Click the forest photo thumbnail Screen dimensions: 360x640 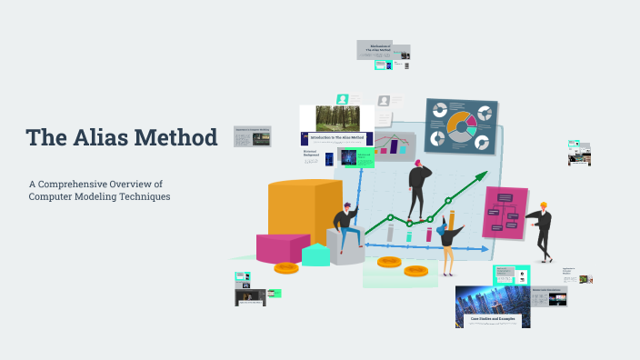tap(337, 117)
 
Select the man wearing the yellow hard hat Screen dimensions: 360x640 tap(542, 228)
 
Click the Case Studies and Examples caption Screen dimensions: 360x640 tap(492, 320)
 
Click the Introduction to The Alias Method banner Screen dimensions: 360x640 tap(336, 137)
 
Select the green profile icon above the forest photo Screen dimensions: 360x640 tap(343, 99)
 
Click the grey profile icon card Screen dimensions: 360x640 tap(385, 100)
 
